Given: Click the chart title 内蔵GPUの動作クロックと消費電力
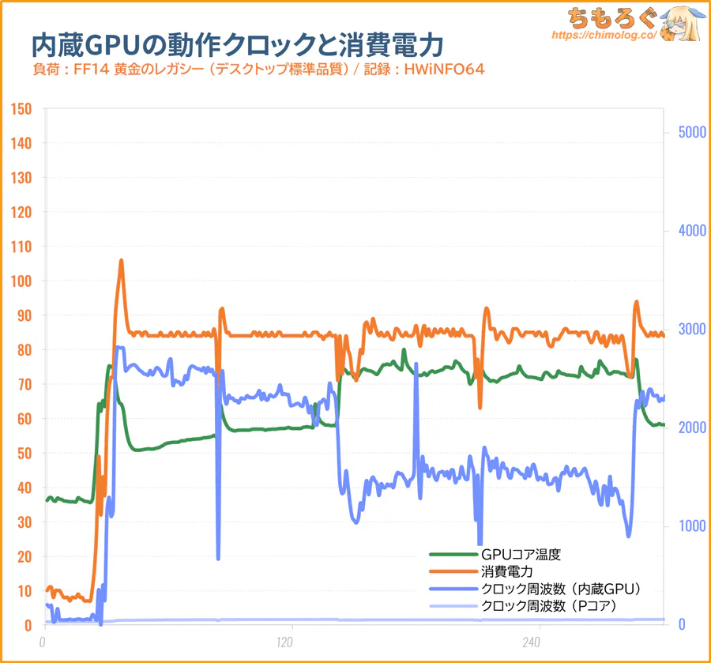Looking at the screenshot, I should [237, 43].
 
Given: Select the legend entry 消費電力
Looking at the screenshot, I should [506, 571].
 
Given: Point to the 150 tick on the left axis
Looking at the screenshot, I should [21, 108].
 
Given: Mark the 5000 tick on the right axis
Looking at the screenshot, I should [684, 132].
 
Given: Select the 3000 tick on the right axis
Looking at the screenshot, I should [684, 330].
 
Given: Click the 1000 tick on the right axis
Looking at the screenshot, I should [684, 526].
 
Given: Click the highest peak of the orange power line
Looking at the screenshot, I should [121, 261].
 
